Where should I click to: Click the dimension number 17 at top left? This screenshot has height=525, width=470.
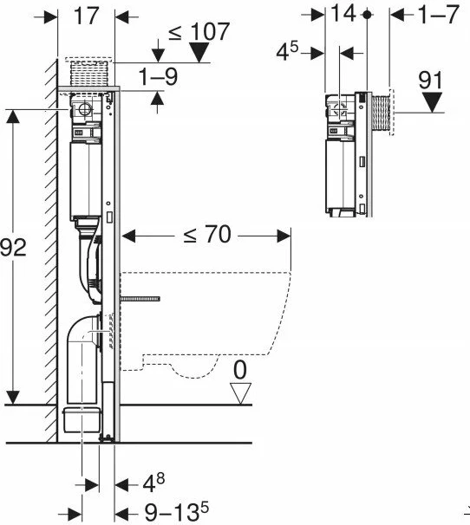tap(87, 16)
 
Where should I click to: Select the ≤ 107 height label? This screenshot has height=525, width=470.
tap(199, 32)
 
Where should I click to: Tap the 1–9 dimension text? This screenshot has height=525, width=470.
tap(158, 77)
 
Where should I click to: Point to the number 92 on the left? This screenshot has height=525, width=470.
tap(13, 248)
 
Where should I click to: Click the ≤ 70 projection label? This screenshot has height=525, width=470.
tap(207, 235)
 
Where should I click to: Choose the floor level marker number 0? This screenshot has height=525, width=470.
tap(239, 370)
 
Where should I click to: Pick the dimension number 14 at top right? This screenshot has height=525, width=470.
tap(343, 13)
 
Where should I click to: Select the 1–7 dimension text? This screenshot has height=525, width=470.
tap(439, 15)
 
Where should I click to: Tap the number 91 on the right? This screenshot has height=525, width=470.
tap(431, 81)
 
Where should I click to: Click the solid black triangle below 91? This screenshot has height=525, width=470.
tap(432, 103)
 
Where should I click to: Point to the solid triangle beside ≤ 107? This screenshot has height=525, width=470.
tap(199, 53)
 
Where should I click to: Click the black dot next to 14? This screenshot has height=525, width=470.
tap(367, 15)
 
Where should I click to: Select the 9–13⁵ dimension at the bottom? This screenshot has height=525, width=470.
tap(176, 512)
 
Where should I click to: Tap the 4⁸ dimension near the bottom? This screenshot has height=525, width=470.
tap(153, 483)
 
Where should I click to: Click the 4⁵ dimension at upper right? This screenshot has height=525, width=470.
tap(287, 52)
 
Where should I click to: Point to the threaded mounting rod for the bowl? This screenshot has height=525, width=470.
tap(140, 299)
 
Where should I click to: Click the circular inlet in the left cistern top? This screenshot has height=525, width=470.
tap(85, 109)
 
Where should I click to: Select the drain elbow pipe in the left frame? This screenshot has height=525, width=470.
tap(83, 359)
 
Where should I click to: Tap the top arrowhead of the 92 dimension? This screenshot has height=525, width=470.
tap(13, 116)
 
